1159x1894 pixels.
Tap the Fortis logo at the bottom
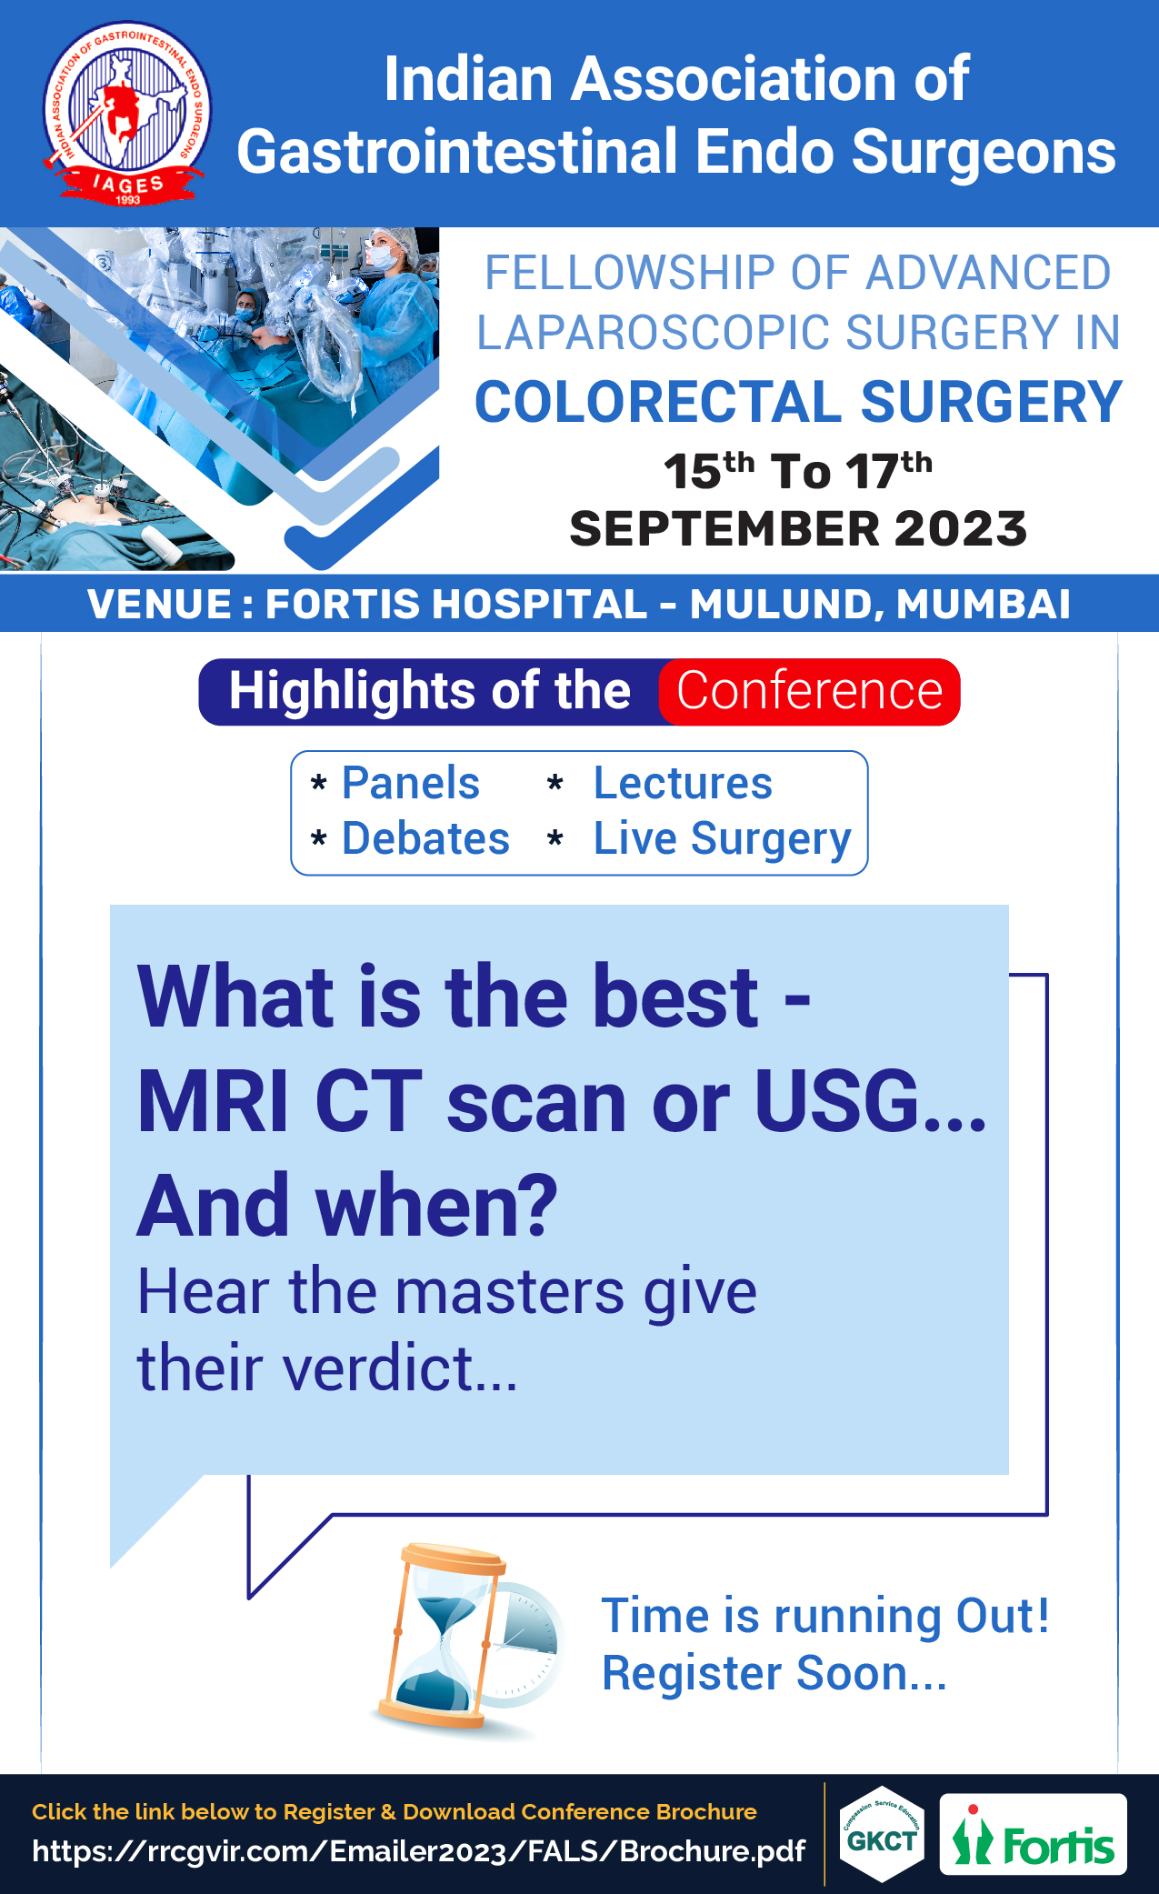coord(1033,1834)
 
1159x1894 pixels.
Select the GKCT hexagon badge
coord(882,1834)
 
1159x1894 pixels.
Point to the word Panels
coord(411,783)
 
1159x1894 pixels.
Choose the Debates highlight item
coord(425,838)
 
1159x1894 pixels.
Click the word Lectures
coord(683,783)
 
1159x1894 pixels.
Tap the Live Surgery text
coord(723,839)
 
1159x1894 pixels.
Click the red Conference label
coord(809,691)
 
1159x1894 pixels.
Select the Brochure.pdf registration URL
coord(418,1851)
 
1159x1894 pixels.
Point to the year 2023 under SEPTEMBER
coord(961,528)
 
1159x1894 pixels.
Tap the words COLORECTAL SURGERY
coord(799,402)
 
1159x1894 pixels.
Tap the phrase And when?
coord(347,1206)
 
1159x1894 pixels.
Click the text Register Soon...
coord(774,1673)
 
